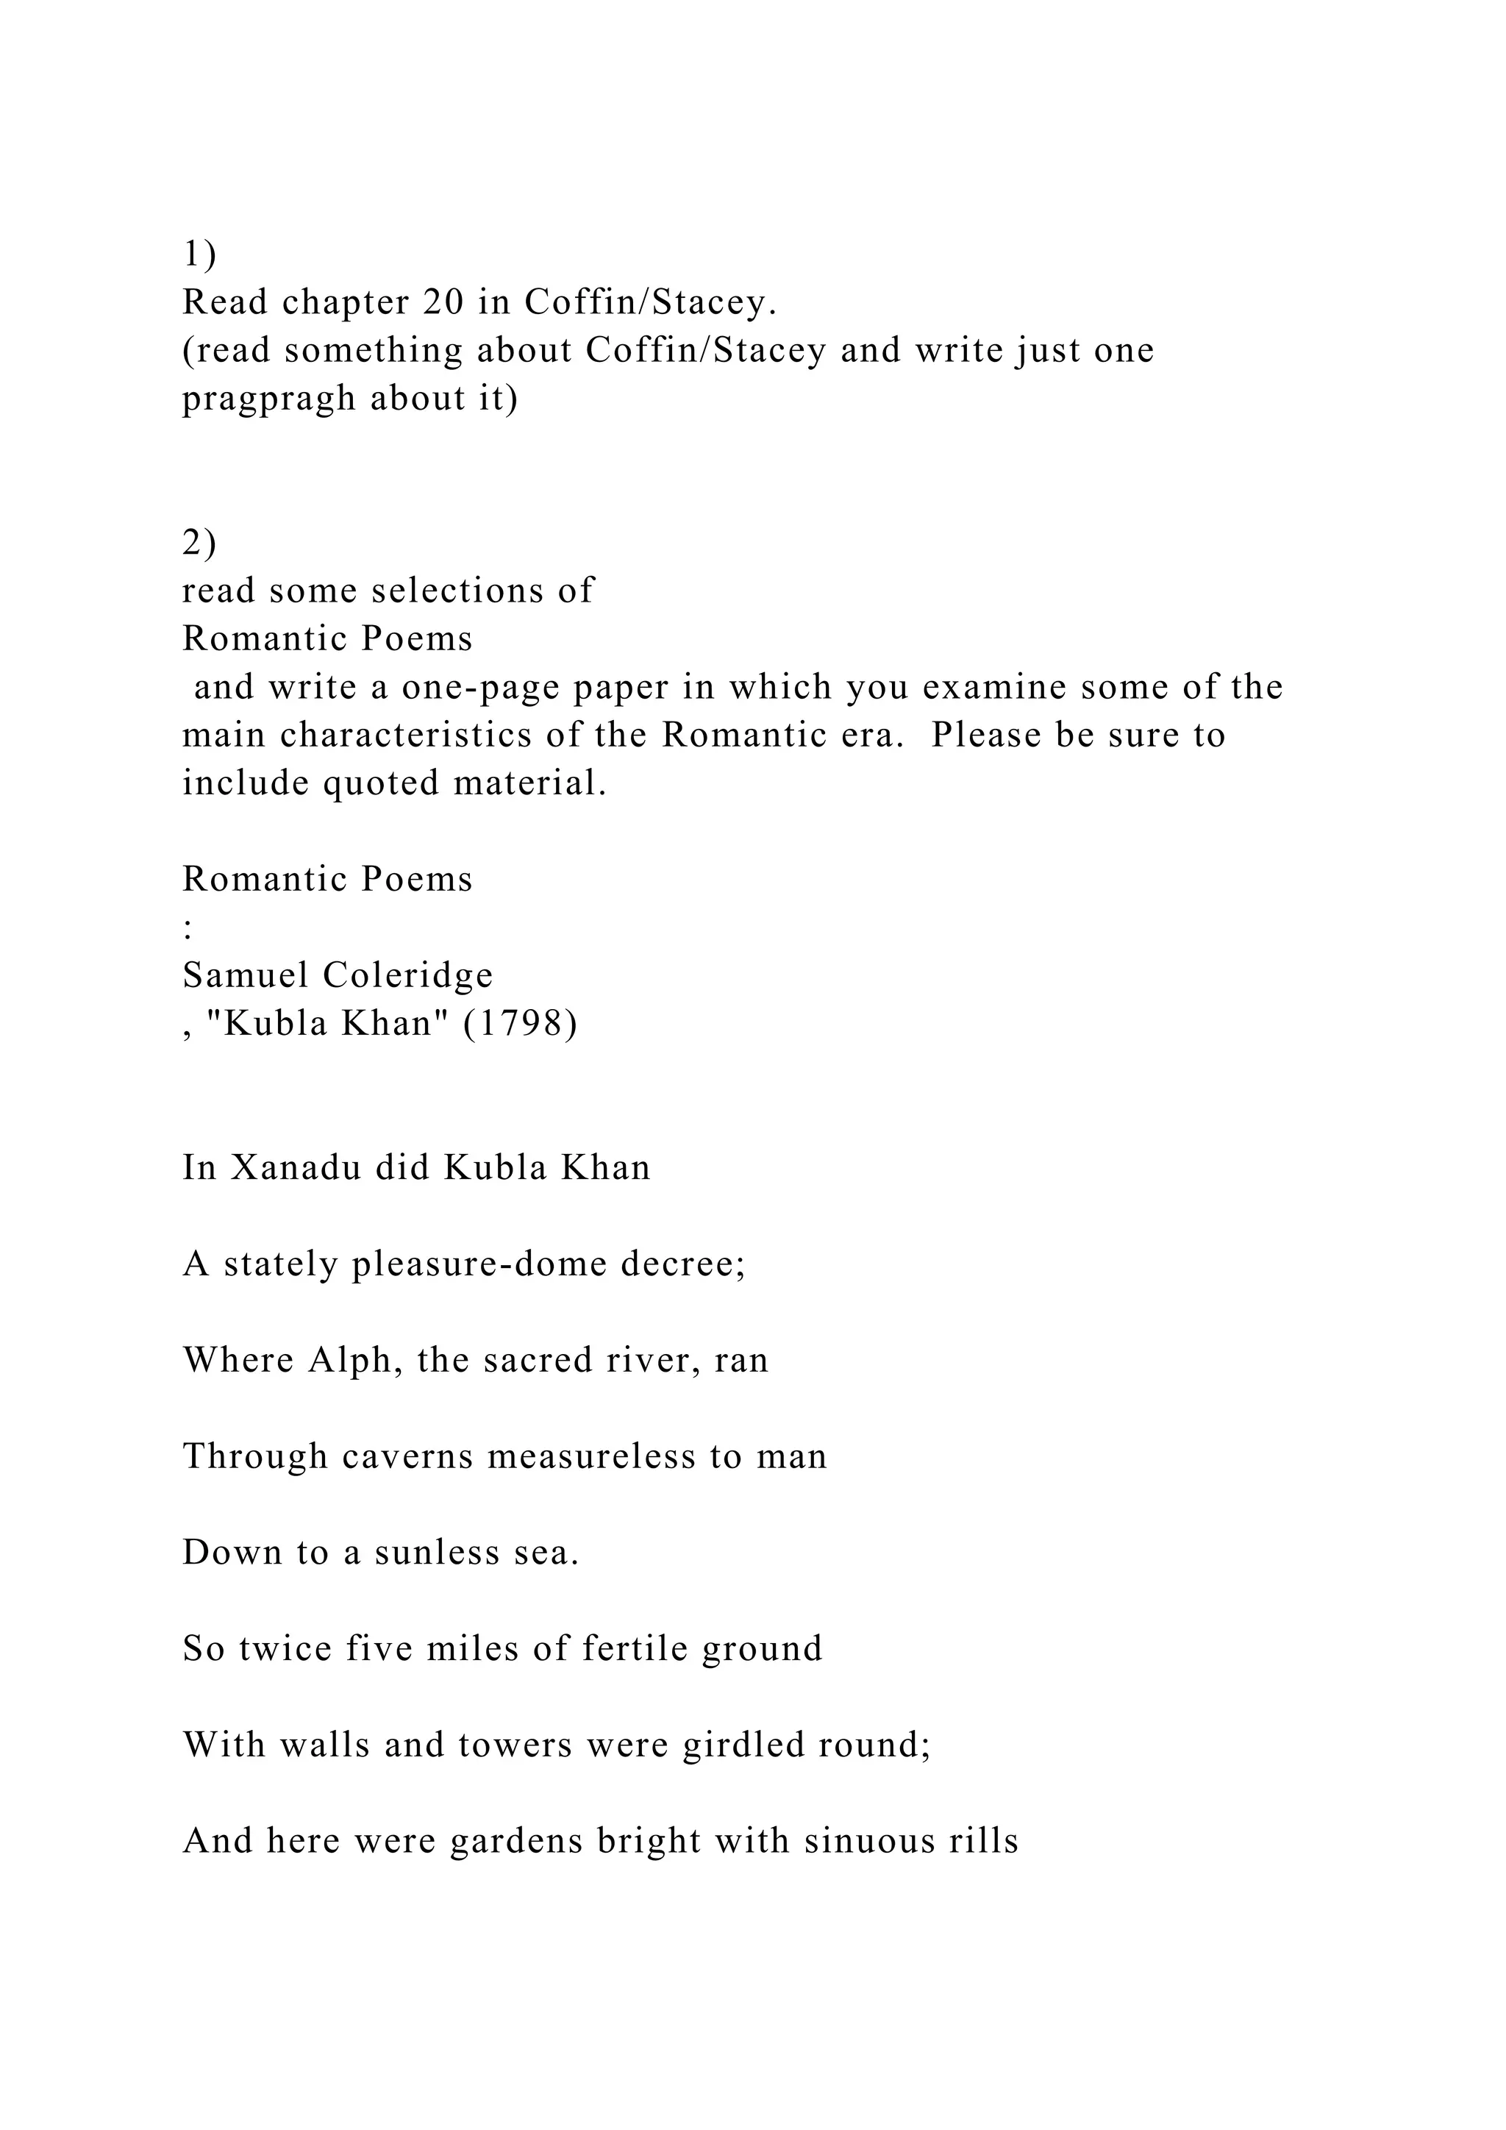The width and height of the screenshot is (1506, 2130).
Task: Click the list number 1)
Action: click(199, 254)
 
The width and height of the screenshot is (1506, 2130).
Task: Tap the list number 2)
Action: click(199, 543)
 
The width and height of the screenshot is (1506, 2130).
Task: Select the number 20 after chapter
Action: click(444, 302)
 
